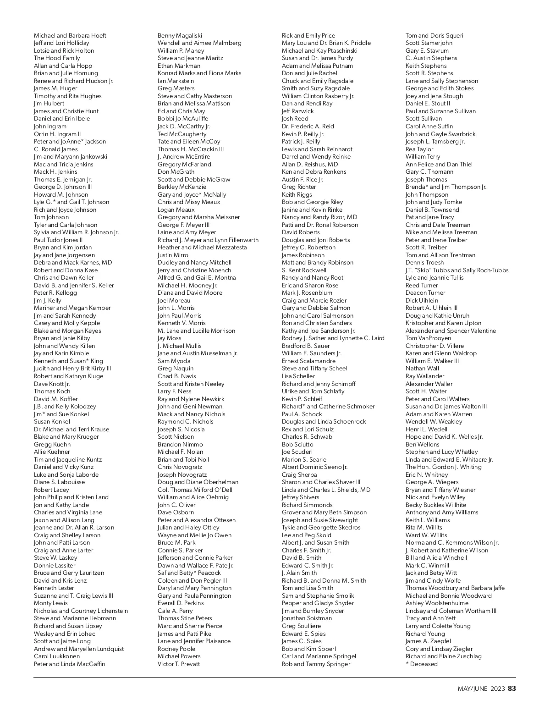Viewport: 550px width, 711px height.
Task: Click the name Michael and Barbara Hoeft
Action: [x=70, y=35]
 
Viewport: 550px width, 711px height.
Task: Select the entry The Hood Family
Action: [x=57, y=58]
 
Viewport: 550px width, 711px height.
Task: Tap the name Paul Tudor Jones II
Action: [x=58, y=240]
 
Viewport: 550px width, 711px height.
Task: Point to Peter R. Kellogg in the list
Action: [x=55, y=293]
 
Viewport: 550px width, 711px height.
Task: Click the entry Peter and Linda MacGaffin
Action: [x=69, y=664]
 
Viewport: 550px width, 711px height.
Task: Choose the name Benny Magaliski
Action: [x=180, y=35]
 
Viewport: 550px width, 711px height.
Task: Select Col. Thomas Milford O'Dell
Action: [x=195, y=490]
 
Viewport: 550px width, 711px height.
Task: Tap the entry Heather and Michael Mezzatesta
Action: [x=202, y=248]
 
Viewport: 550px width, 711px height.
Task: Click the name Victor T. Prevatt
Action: [x=179, y=664]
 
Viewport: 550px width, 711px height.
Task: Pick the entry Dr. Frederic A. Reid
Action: [x=308, y=126]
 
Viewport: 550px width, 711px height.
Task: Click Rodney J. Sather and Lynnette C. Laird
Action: [x=333, y=338]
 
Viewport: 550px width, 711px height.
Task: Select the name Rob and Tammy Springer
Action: [x=316, y=664]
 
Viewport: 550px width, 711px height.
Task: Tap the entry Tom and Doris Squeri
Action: [x=434, y=35]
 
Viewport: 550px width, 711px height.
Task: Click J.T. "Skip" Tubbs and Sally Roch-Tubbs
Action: [x=457, y=270]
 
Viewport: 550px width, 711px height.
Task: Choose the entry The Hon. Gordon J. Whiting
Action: [x=443, y=467]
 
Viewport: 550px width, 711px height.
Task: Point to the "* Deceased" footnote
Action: [x=421, y=664]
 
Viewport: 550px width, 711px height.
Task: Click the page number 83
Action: [x=512, y=689]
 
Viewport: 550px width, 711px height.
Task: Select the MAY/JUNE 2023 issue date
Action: [x=481, y=689]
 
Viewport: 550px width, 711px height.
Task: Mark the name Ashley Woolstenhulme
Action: [x=437, y=603]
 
